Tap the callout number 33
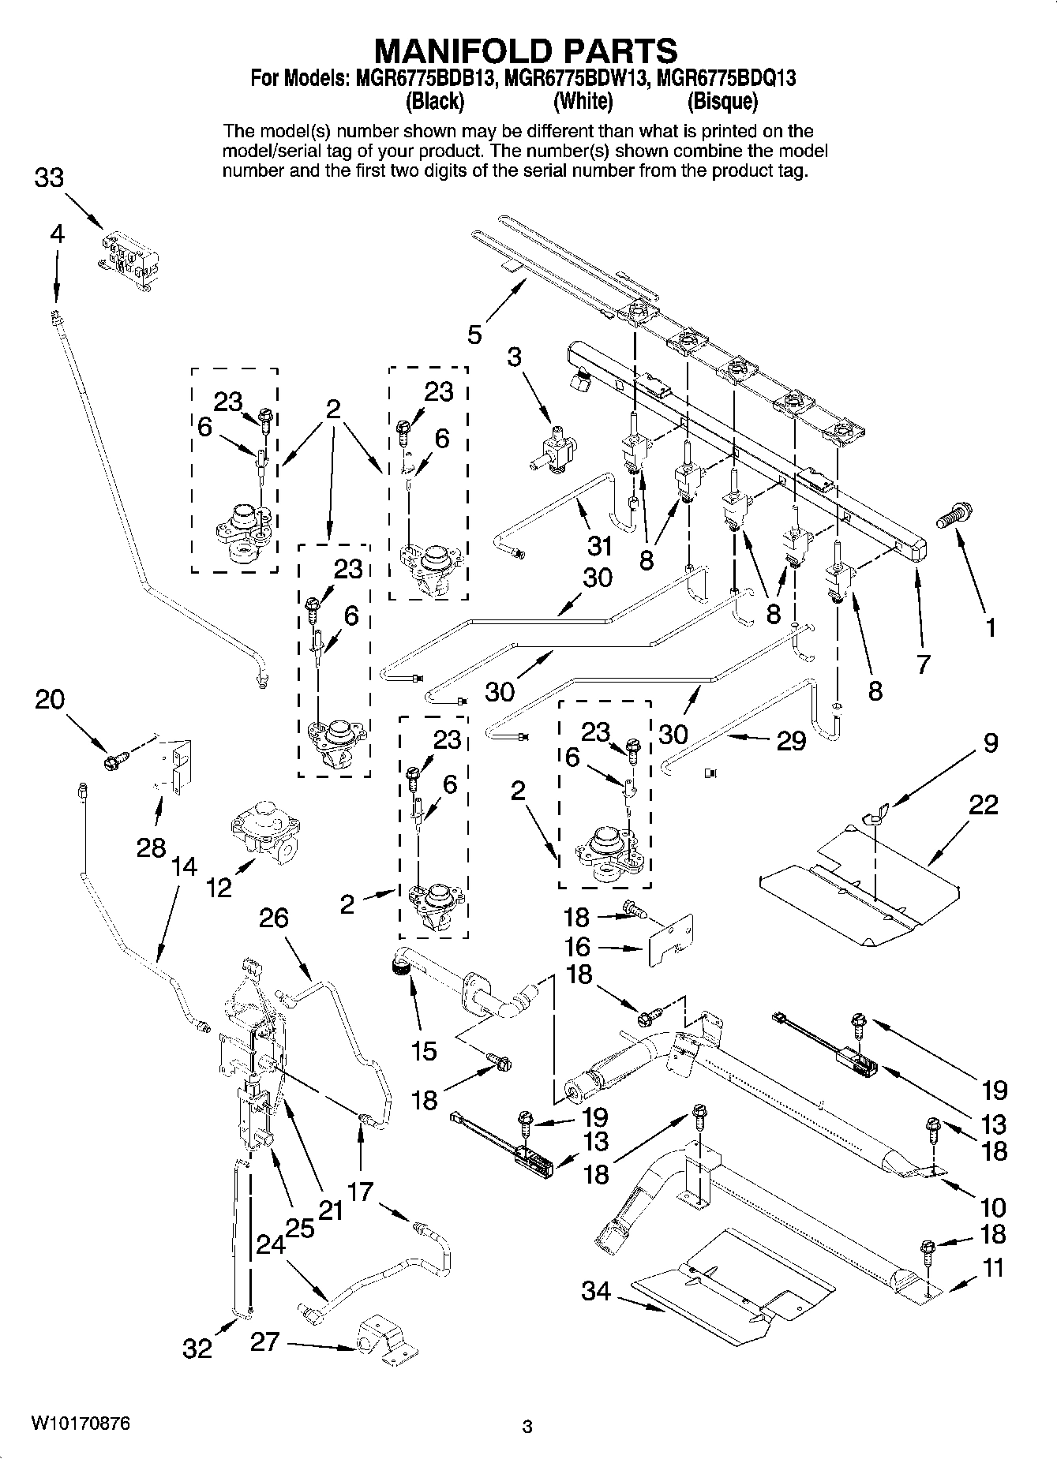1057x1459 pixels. [49, 178]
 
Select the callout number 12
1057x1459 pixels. [219, 887]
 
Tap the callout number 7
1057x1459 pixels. [923, 663]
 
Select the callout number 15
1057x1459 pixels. [423, 1050]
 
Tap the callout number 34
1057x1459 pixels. [596, 1291]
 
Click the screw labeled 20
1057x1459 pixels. [114, 760]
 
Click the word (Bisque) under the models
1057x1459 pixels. [722, 101]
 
